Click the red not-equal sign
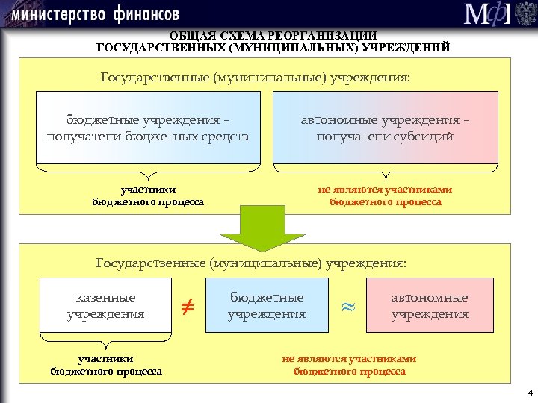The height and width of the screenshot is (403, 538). (x=188, y=305)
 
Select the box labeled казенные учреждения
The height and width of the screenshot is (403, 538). (x=105, y=305)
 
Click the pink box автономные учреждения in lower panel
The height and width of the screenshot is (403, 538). (x=430, y=305)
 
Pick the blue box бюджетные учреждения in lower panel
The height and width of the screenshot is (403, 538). (x=267, y=305)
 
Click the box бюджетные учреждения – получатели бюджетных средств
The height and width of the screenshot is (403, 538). (x=147, y=128)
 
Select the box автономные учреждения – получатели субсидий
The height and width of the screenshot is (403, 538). (x=385, y=128)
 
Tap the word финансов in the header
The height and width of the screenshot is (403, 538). (x=147, y=14)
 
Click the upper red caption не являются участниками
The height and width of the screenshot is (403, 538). (x=386, y=190)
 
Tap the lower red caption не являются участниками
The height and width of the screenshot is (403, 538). (x=349, y=359)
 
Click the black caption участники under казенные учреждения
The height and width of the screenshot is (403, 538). (x=106, y=359)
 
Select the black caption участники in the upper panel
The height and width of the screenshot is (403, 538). (x=148, y=190)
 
